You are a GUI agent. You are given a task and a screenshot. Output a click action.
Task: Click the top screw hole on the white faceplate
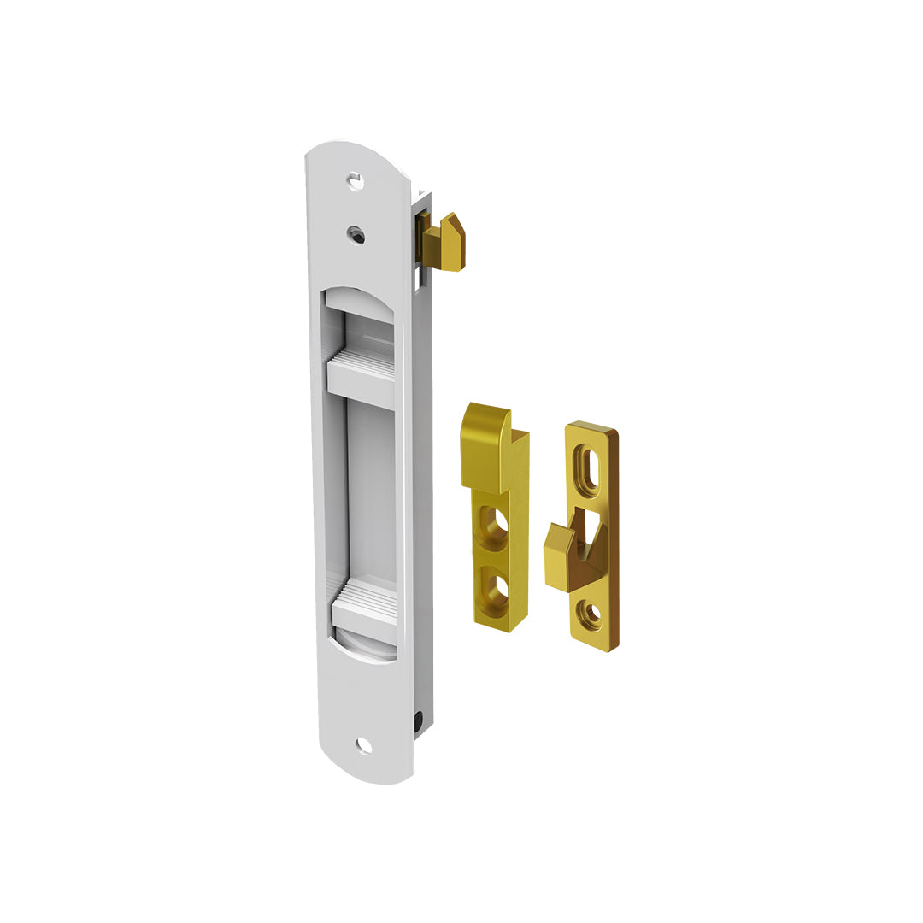coord(356,180)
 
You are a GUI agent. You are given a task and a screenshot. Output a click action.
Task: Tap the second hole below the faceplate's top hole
coord(356,233)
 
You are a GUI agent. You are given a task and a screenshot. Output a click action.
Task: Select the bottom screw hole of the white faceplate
coord(363,745)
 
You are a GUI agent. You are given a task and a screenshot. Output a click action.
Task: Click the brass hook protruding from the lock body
coord(444,244)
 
